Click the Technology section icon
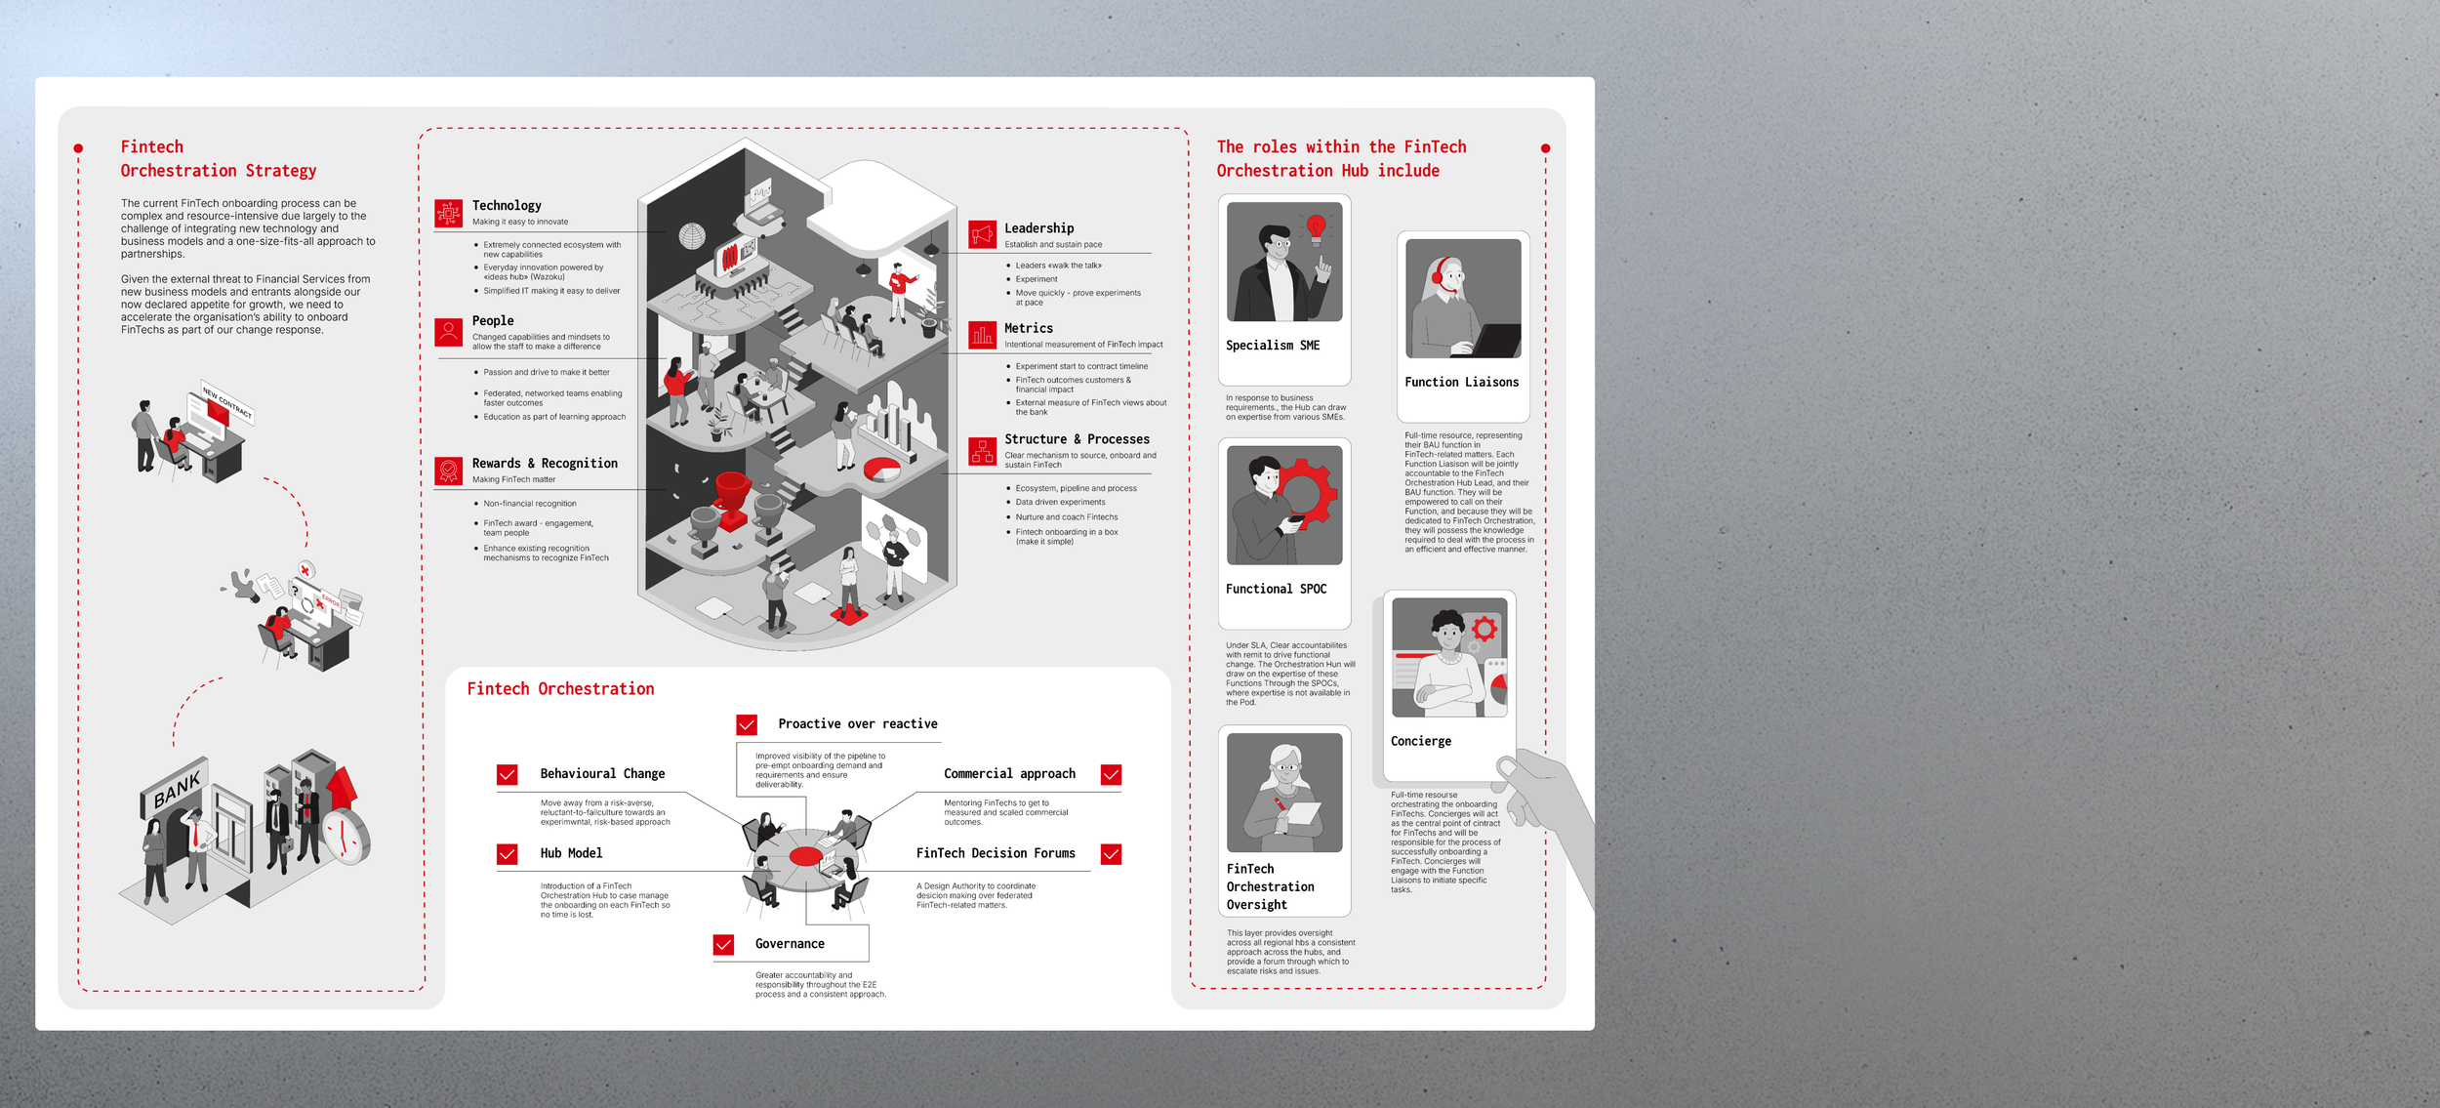pyautogui.click(x=449, y=213)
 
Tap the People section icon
pyautogui.click(x=449, y=333)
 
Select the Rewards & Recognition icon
pyautogui.click(x=449, y=472)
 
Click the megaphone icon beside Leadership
pyautogui.click(x=983, y=234)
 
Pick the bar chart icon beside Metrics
pyautogui.click(x=983, y=335)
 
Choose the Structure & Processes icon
pyautogui.click(x=983, y=451)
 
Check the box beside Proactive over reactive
pyautogui.click(x=747, y=724)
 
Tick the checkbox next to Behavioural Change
pyautogui.click(x=508, y=774)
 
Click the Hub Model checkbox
pyautogui.click(x=508, y=854)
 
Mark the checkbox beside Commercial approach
pyautogui.click(x=1111, y=774)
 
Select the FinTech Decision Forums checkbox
pyautogui.click(x=1111, y=854)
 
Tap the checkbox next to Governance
pyautogui.click(x=723, y=944)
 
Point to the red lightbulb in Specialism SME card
pyautogui.click(x=1316, y=228)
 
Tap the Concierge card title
pyautogui.click(x=1421, y=742)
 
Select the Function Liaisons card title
pyautogui.click(x=1462, y=383)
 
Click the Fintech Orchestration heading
pyautogui.click(x=560, y=689)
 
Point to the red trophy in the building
pyautogui.click(x=732, y=494)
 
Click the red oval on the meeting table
pyautogui.click(x=806, y=856)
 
